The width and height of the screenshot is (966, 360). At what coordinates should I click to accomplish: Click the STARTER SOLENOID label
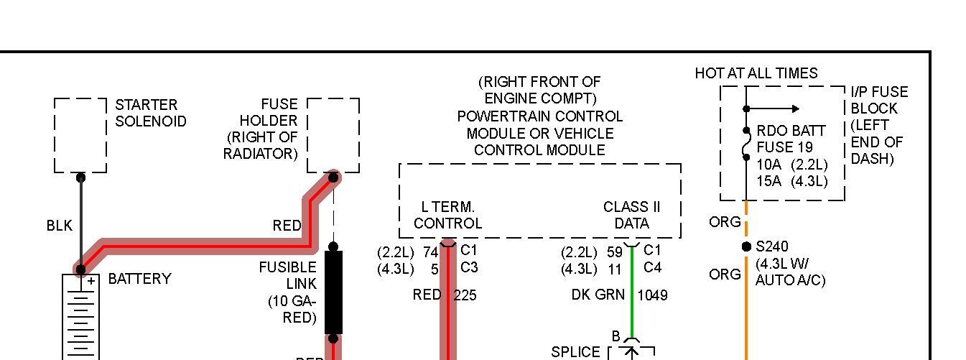click(150, 114)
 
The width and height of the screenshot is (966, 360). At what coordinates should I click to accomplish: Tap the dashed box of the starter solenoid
click(80, 135)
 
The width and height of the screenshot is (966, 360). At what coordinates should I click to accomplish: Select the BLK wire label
click(59, 226)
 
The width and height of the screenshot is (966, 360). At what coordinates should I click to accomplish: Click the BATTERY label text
click(139, 279)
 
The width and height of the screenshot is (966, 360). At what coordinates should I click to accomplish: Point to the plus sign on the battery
click(91, 282)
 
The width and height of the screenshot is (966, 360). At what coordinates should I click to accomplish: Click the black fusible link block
click(333, 292)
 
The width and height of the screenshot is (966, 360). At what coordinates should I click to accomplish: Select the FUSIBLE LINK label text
click(287, 276)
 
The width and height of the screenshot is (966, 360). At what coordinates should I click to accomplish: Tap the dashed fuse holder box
click(333, 135)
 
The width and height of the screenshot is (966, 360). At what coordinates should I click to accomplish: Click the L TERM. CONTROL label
click(447, 215)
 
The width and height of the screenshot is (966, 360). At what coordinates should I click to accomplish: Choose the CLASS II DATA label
click(631, 215)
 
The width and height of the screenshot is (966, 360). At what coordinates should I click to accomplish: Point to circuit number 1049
click(652, 295)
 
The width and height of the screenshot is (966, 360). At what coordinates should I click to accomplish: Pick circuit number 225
click(465, 295)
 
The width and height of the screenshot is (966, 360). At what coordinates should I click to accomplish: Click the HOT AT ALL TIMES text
click(756, 73)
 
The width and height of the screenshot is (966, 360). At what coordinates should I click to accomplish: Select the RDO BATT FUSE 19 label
click(791, 139)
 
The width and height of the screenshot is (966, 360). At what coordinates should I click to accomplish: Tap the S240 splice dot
click(746, 247)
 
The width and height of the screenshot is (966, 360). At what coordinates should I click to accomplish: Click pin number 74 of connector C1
click(430, 251)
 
